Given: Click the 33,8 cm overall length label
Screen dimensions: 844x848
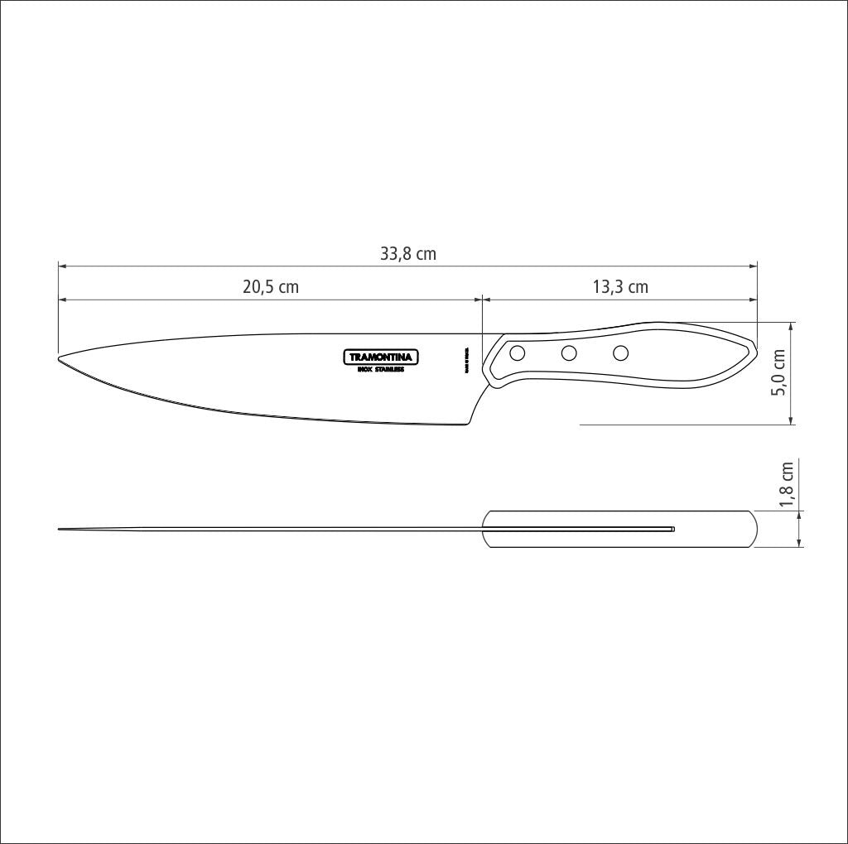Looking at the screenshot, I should pos(407,254).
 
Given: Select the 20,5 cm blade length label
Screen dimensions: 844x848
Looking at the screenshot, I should pos(270,288).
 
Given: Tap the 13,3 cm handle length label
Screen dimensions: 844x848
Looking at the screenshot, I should pos(620,288).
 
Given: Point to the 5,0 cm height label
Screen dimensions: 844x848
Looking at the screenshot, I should pos(778,372).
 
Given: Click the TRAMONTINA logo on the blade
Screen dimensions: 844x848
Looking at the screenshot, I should pos(381,357).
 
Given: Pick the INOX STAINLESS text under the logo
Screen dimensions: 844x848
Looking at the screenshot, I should pos(381,370).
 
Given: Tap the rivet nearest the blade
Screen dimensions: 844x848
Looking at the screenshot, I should pos(518,354).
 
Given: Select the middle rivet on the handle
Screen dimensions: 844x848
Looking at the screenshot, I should pos(569,354).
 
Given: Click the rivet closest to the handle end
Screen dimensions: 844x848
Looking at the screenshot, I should pos(620,354).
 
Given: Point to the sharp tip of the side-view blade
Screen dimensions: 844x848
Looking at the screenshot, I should pos(60,358).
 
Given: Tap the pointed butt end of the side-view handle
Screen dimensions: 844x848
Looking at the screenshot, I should pos(755,348).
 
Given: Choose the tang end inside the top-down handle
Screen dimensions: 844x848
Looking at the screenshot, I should pos(672,529).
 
